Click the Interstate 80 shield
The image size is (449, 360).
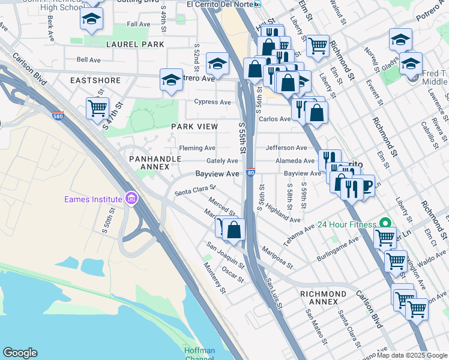[x=250, y=173]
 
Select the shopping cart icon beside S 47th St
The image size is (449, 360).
[x=97, y=109]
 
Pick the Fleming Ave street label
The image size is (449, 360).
[x=197, y=148]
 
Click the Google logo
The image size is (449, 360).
[x=20, y=353]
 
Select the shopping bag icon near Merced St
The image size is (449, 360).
[x=234, y=229]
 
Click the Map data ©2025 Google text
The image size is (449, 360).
[x=411, y=355]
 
